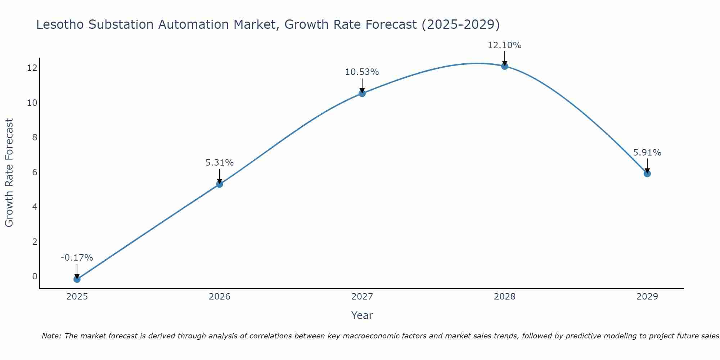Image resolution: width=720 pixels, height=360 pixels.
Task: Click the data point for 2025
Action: point(77,279)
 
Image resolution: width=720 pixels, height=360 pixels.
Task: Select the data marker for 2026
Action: point(220,184)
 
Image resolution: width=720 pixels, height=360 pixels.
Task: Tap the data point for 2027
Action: point(362,94)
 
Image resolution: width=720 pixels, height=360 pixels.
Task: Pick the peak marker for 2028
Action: point(505,66)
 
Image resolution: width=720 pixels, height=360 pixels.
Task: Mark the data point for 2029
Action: point(647,174)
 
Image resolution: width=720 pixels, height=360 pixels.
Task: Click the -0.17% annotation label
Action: point(77,258)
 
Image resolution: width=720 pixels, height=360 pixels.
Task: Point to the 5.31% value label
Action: point(220,163)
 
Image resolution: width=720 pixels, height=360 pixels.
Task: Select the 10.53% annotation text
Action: point(362,72)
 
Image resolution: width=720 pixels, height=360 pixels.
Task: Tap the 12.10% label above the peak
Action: point(505,45)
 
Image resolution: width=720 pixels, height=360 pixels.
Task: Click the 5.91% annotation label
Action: point(647,153)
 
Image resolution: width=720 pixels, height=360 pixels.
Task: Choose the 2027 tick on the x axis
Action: point(362,297)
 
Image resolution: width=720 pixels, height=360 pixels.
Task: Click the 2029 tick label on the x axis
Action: point(647,297)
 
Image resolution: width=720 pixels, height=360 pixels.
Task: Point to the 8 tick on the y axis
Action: point(35,138)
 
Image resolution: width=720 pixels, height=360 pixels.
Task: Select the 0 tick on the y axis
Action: point(35,276)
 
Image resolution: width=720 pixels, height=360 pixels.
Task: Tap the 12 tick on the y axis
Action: point(32,68)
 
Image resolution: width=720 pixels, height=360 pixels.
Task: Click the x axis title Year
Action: point(362,315)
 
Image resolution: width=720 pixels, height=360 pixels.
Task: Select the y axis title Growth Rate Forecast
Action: point(9,173)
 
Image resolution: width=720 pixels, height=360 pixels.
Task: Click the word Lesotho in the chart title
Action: point(60,24)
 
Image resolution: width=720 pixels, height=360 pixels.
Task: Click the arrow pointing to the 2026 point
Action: point(220,176)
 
